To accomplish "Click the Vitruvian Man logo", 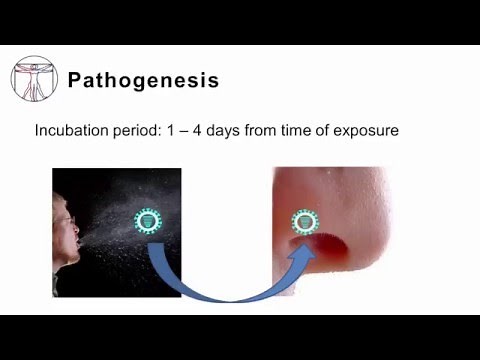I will [34, 79].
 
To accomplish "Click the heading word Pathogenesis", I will [143, 81].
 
